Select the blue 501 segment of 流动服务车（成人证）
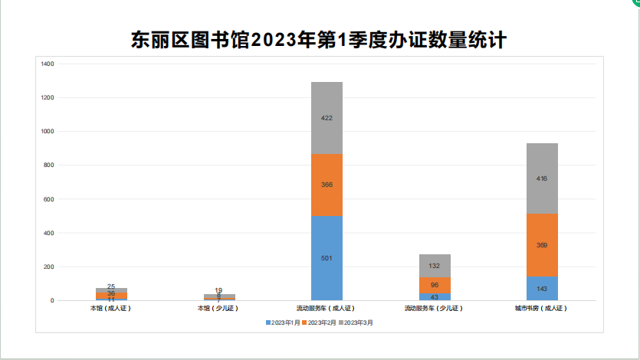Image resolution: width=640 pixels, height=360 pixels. [327, 257]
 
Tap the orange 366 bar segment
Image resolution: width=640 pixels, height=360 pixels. [327, 185]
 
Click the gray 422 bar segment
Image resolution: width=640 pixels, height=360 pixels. [327, 118]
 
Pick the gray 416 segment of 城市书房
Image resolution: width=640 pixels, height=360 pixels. [542, 178]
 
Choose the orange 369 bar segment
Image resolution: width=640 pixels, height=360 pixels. [542, 245]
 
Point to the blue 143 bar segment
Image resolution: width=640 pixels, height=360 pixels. [542, 288]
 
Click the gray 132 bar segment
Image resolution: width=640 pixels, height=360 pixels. [435, 266]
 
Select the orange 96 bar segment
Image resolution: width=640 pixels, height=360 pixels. [435, 285]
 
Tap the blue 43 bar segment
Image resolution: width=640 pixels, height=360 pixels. [435, 296]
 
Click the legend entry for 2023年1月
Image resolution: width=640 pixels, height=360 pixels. [284, 323]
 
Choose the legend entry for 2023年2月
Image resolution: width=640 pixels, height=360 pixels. [320, 323]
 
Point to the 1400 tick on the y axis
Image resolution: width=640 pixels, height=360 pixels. [47, 64]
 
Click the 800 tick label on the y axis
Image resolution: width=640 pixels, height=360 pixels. [48, 165]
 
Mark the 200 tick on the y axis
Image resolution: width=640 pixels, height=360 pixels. [48, 267]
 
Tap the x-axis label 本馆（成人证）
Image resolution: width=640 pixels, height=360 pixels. [111, 309]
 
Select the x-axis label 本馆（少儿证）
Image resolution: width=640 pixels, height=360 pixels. [218, 309]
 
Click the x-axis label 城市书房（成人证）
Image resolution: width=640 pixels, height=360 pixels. [541, 309]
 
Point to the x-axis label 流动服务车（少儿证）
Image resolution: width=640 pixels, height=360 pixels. [434, 309]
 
